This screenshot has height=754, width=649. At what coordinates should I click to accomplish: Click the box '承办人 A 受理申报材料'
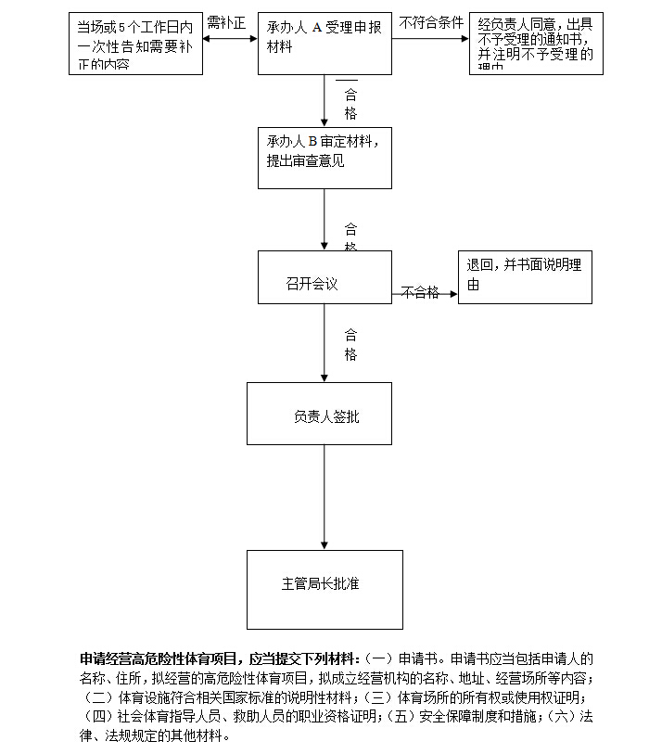pos(324,43)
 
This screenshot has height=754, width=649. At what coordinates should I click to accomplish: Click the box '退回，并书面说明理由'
pos(525,277)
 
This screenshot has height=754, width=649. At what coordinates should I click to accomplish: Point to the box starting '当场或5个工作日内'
pos(134,44)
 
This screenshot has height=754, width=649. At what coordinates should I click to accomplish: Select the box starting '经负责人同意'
pos(536,44)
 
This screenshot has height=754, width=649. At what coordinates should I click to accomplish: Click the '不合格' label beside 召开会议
pos(420,293)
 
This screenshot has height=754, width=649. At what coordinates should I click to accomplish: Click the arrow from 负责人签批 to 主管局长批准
pos(324,497)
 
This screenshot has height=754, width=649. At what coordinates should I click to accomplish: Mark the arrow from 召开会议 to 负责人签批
pos(324,342)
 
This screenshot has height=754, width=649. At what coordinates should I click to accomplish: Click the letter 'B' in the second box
pos(312,141)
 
